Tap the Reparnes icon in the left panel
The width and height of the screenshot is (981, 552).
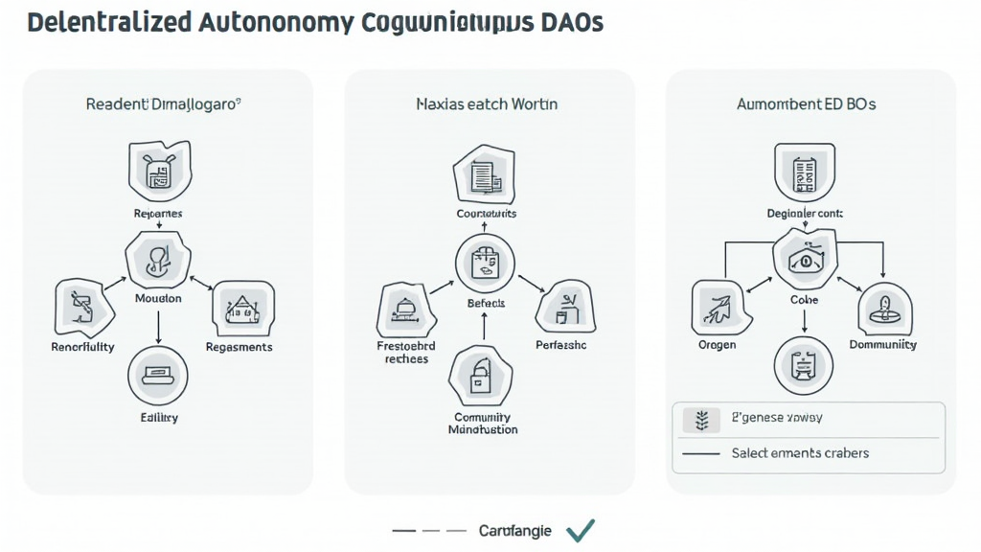point(158,169)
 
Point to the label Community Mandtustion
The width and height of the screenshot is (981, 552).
point(483,424)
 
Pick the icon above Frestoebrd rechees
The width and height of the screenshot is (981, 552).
point(407,309)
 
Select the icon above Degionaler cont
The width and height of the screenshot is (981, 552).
point(805,173)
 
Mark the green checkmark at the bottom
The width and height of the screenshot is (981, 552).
point(581,530)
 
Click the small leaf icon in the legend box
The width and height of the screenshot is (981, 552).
point(700,419)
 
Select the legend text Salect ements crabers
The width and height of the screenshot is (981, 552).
point(800,452)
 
